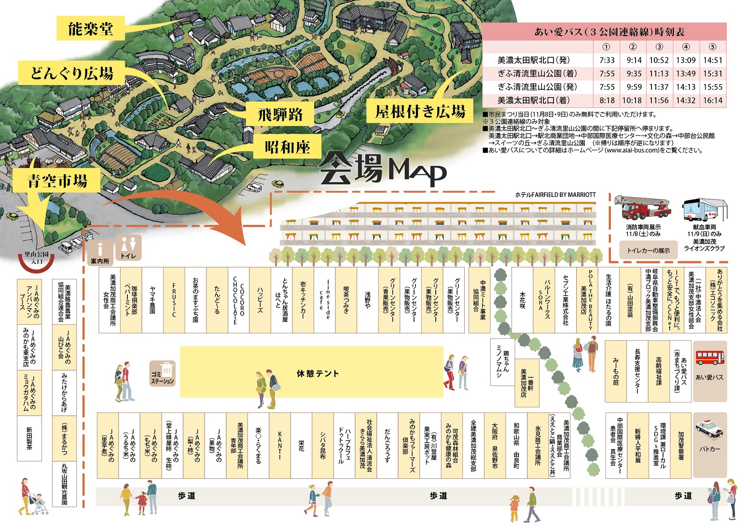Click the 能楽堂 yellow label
pos(91,28)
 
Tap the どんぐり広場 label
pos(72,73)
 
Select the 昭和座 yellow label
pos(287,147)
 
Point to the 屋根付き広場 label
pos(420,111)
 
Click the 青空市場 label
pos(57,181)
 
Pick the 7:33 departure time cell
pos(607,60)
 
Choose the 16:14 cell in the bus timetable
pos(712,100)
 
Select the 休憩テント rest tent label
pos(318,373)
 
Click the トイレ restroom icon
pos(128,247)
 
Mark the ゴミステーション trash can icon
pos(163,372)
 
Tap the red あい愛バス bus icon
pos(709,358)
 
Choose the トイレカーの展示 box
pos(648,250)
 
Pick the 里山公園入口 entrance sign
pos(37,258)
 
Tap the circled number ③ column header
pos(659,47)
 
